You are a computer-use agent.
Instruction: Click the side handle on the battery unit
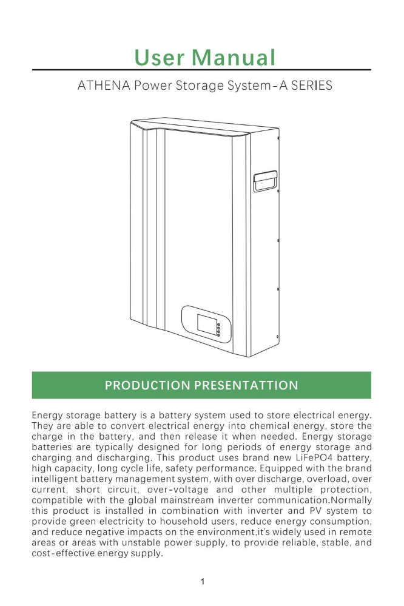pyautogui.click(x=264, y=181)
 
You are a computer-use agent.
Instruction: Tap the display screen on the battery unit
pyautogui.click(x=205, y=322)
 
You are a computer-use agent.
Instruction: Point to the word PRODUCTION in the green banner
pyautogui.click(x=144, y=385)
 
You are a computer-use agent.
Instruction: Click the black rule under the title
pyautogui.click(x=202, y=70)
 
